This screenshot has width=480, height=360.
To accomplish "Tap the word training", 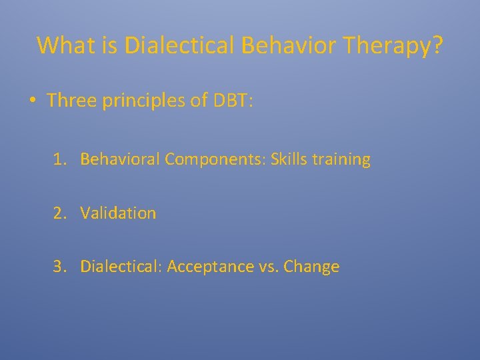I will pyautogui.click(x=341, y=160).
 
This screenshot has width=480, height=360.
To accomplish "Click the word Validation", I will pyautogui.click(x=118, y=213).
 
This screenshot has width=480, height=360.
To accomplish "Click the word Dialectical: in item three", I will pyautogui.click(x=121, y=267).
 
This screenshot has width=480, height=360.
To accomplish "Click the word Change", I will pyautogui.click(x=311, y=267).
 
